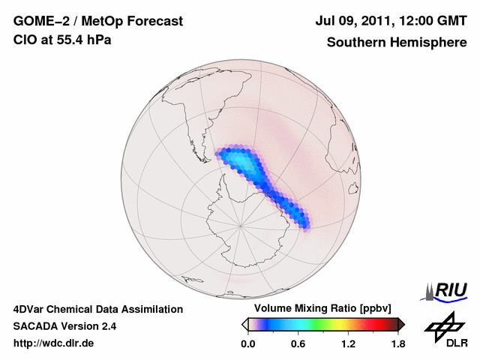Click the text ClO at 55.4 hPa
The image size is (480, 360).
[62, 40]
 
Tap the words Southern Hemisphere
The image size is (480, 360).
[397, 42]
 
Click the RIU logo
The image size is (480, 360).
[446, 291]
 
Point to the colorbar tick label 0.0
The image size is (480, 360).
[247, 344]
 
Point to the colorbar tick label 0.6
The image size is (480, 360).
[298, 344]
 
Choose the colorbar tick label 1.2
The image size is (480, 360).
[348, 344]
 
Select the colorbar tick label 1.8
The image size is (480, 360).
[397, 344]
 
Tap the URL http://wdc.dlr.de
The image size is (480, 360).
[54, 343]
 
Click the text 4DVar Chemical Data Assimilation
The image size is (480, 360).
[97, 309]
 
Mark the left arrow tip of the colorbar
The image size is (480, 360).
[244, 324]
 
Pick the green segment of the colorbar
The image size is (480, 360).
[322, 324]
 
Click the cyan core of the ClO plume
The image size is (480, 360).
[241, 163]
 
